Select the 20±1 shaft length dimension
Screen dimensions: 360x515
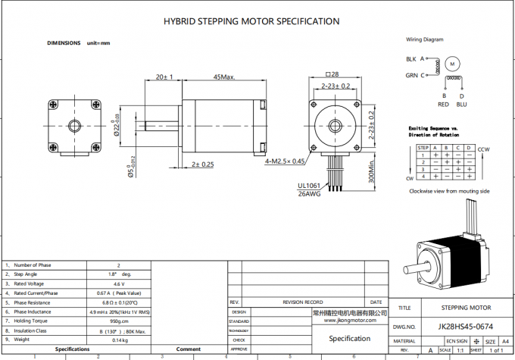[164, 77]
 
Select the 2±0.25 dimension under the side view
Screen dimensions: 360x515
[202, 164]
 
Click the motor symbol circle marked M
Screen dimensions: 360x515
[452, 64]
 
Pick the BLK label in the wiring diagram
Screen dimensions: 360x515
[410, 58]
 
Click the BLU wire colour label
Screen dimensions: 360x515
[461, 105]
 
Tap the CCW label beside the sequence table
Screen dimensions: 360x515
[484, 149]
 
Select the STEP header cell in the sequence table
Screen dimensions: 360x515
[423, 147]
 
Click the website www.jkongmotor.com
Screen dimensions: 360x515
[349, 321]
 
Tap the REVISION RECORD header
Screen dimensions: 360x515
[303, 302]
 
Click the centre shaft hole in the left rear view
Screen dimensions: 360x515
[76, 123]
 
